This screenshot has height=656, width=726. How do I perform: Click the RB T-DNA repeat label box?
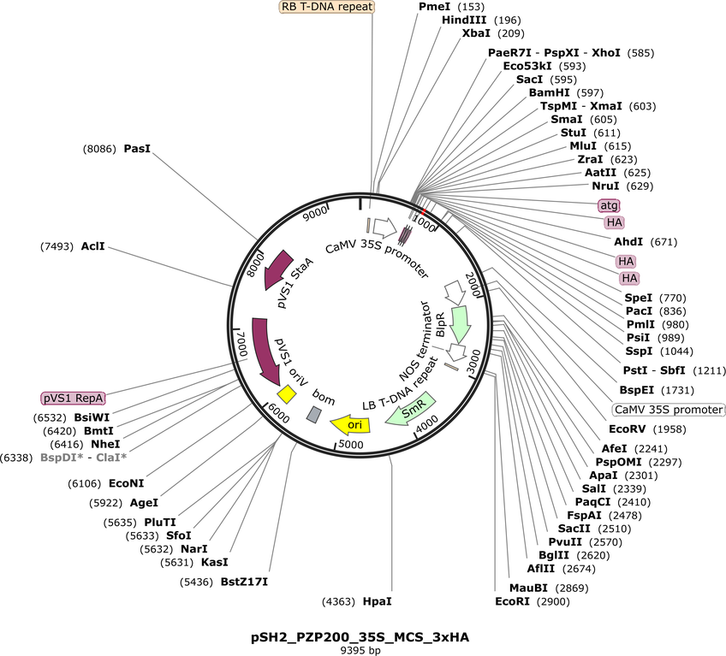pos(327,7)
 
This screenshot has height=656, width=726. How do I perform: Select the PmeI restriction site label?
pos(435,7)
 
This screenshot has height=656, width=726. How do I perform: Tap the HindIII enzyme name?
pos(464,20)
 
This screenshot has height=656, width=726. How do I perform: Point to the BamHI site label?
pos(550,92)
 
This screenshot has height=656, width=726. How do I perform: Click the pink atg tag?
pos(609,205)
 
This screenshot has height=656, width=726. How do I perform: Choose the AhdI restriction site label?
pos(628,241)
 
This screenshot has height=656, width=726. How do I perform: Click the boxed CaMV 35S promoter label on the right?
pos(668,410)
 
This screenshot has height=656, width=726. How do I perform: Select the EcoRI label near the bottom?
pos(512,601)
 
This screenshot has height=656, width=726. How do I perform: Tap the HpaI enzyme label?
pos(378,601)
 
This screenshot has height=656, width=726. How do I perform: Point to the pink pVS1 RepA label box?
pos(73,399)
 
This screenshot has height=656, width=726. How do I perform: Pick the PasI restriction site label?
pos(137,149)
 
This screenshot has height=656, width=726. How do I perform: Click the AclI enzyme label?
pos(92,246)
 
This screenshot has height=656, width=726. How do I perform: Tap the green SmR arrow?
pos(411,410)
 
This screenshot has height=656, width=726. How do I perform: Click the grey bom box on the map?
pos(314,414)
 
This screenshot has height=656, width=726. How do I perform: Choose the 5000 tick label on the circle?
pos(351,445)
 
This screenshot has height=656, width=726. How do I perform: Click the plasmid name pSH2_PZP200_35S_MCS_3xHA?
pos(360,637)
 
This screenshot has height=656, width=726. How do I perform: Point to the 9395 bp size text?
pos(360,651)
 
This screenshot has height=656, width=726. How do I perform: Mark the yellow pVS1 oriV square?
pos(286,394)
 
